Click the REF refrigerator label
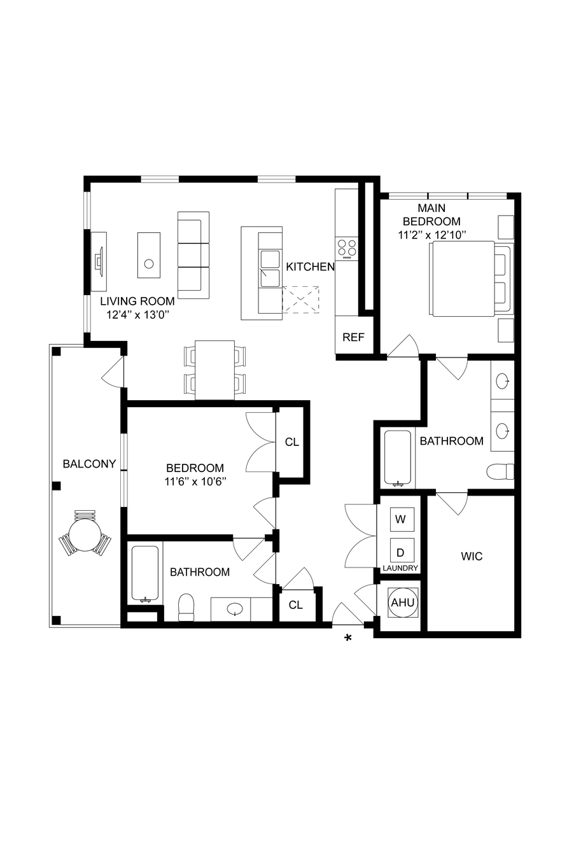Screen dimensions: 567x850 tap(353, 337)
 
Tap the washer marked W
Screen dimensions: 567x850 tap(400, 519)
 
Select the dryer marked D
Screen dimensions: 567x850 tap(400, 552)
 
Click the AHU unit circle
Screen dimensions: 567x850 tap(403, 603)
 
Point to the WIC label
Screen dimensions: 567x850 tap(472, 556)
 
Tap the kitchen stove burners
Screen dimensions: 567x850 tap(347, 248)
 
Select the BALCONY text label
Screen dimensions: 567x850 tap(89, 464)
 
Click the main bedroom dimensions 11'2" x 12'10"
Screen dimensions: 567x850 tap(432, 235)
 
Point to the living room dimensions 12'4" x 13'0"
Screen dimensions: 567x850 tap(137, 314)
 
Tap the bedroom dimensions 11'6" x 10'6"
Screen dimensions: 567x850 tap(195, 482)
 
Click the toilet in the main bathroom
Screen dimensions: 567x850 tap(501, 471)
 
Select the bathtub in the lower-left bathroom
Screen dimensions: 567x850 tap(145, 574)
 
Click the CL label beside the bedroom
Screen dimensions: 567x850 tap(292, 442)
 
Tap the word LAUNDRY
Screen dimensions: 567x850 tap(400, 568)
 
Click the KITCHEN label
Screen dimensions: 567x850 tap(310, 267)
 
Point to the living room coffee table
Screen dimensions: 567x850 tap(149, 255)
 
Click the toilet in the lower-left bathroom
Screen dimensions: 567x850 tap(186, 608)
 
